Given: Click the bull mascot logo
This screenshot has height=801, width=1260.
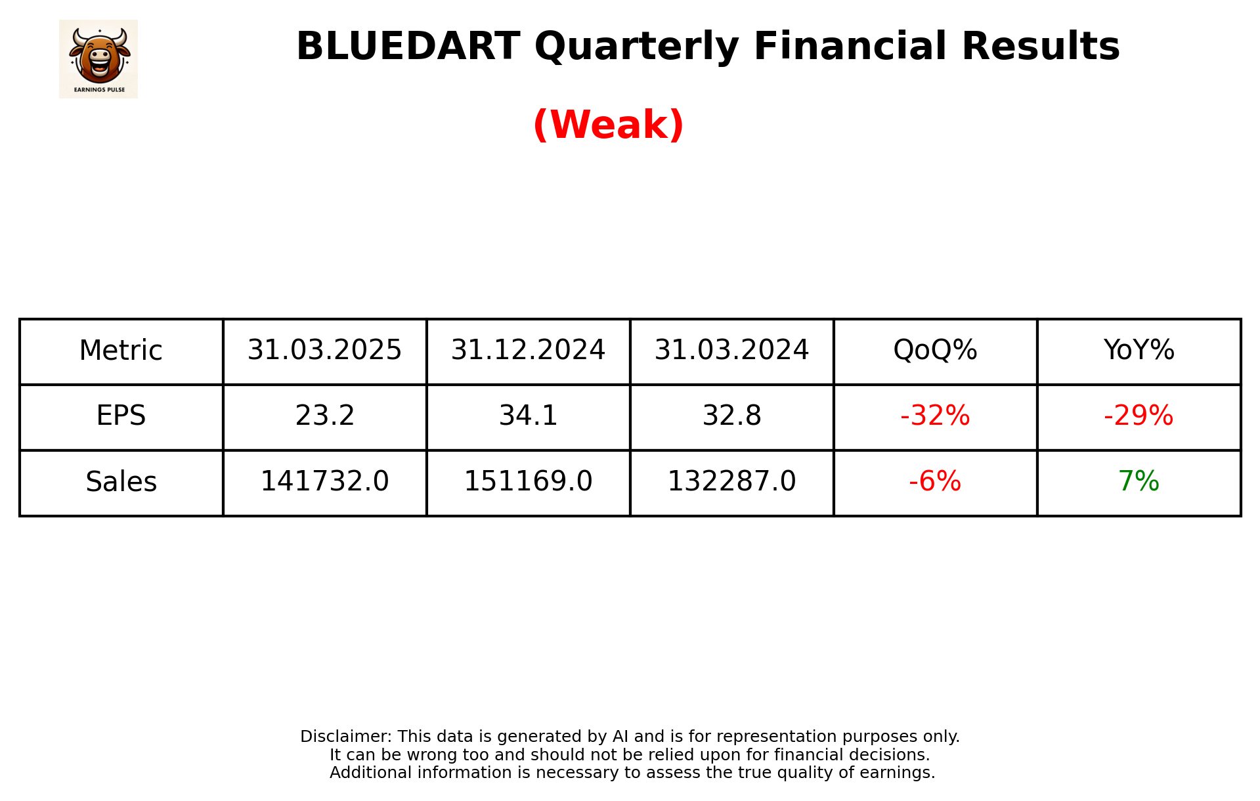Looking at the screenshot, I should point(98,58).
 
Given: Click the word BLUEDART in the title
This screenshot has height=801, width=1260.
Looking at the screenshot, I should point(408,47).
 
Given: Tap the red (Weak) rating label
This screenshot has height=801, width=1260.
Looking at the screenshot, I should point(608,125).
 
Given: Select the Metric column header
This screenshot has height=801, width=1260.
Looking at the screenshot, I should point(121,351).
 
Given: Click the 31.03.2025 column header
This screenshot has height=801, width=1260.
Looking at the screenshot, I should point(324,351).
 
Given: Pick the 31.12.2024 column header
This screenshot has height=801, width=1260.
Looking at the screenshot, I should point(528,351).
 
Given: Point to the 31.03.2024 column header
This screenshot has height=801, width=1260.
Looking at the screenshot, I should point(731,351).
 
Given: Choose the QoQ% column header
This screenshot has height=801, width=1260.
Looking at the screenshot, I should point(935,351).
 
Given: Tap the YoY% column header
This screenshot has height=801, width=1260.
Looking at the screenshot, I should point(1139,351).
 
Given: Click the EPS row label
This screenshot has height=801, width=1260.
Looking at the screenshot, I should point(121,416).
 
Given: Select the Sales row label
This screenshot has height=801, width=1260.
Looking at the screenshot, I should point(121,482).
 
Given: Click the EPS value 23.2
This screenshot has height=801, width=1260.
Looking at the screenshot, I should point(324,416).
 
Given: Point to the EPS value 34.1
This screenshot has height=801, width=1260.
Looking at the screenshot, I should point(528,416).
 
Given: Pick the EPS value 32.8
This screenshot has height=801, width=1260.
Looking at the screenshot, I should point(731,416).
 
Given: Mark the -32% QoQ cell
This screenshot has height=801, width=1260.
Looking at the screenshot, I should point(935,416).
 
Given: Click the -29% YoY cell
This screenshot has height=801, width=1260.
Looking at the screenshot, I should point(1139,416).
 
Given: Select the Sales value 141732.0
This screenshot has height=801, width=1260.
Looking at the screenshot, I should point(324,482).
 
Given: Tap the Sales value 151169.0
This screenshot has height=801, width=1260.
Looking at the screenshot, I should point(528,482).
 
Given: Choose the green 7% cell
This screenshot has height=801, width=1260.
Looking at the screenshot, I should point(1139,482).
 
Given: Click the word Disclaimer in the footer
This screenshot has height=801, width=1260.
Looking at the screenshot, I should point(345,737).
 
